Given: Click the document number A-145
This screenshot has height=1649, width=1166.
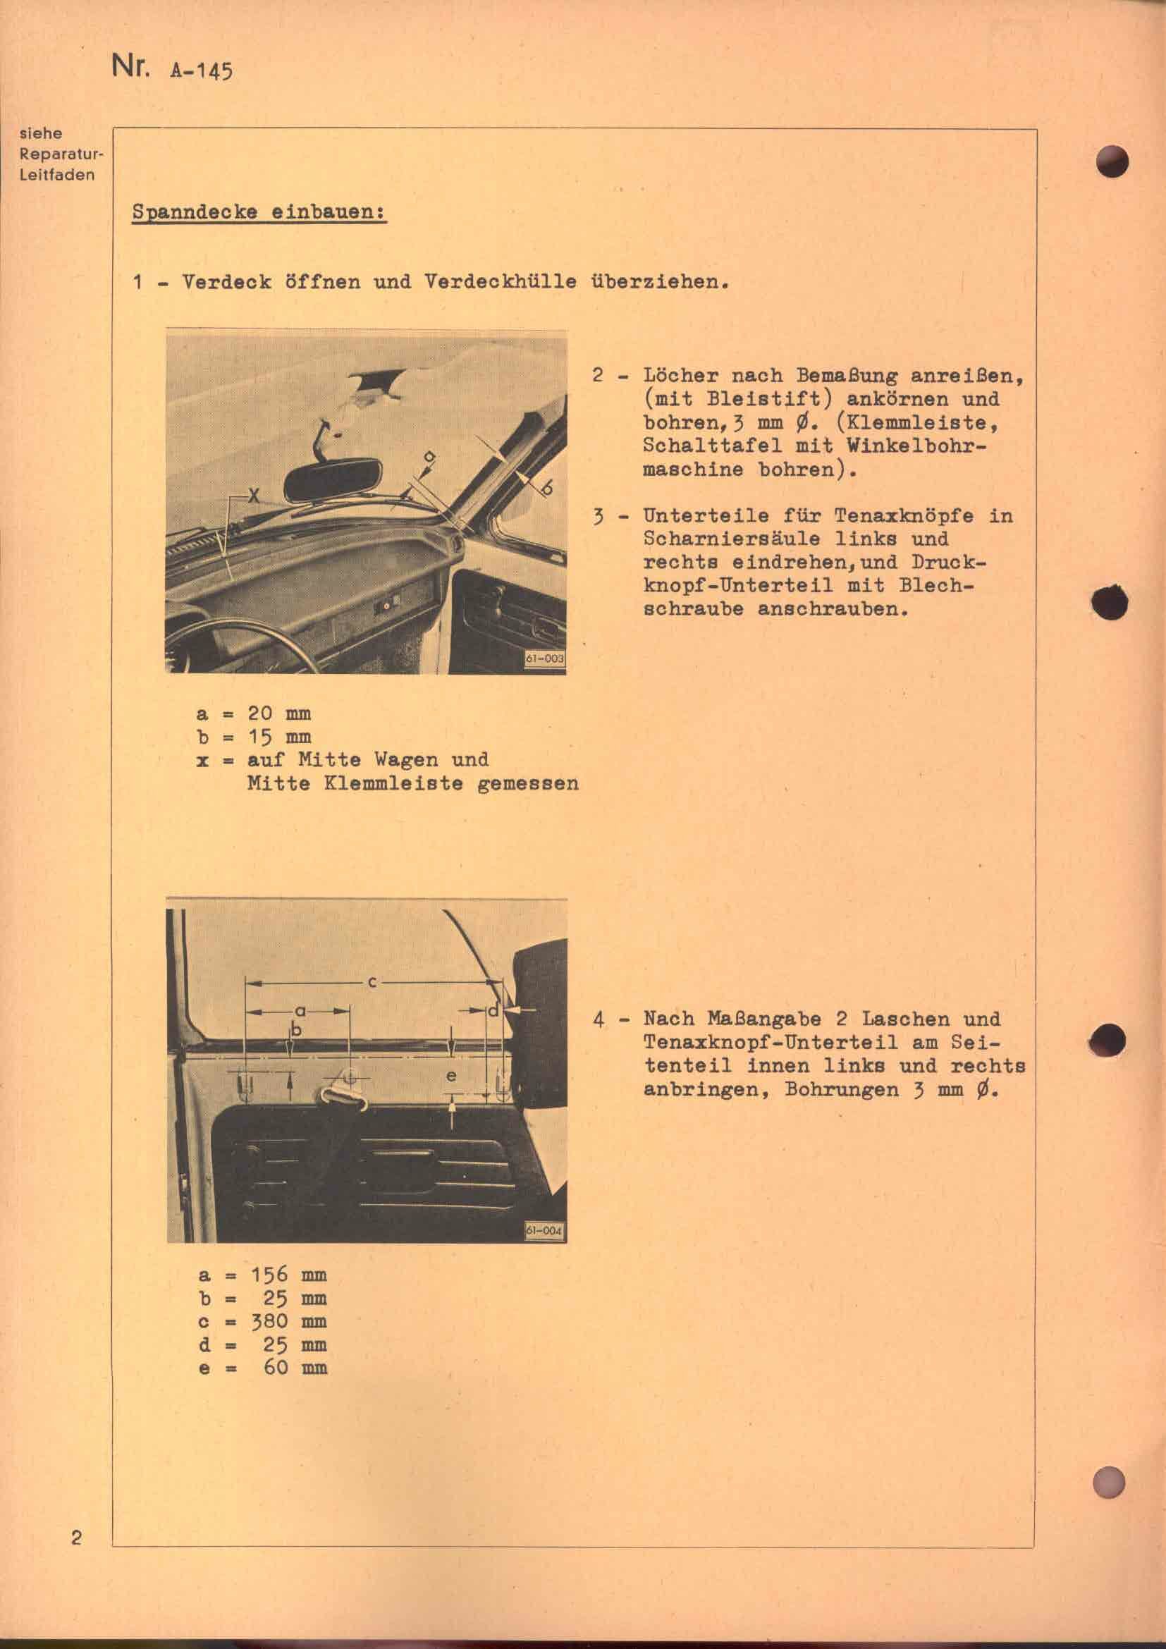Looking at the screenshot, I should click(x=201, y=72).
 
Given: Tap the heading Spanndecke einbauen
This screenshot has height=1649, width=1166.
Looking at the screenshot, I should click(x=259, y=214).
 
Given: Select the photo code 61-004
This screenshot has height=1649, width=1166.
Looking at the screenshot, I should click(x=545, y=1211).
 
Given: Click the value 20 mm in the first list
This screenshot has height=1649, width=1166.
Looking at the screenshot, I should click(x=278, y=714).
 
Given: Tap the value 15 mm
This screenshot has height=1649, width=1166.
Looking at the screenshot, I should click(x=278, y=737).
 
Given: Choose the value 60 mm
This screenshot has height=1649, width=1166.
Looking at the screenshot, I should click(x=295, y=1367).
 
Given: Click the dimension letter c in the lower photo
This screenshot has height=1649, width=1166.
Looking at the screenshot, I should click(x=373, y=982).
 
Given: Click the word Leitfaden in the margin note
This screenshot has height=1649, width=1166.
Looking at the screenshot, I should click(x=57, y=175).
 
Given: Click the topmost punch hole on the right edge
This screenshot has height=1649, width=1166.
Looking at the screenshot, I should click(x=1112, y=161).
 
